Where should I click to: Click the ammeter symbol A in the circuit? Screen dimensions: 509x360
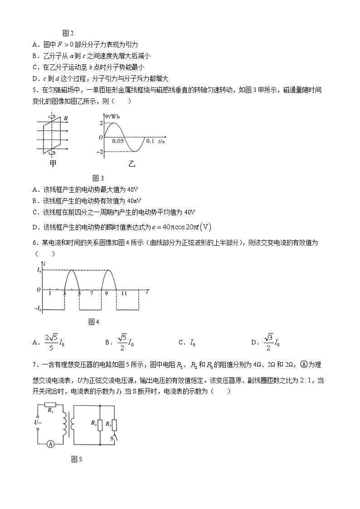click(51, 444)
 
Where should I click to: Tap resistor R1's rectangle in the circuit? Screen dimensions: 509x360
click(50, 405)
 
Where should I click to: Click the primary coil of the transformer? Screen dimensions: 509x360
click(64, 423)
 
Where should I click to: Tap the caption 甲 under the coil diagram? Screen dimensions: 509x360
click(53, 163)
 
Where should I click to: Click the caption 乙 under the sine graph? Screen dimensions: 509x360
click(132, 164)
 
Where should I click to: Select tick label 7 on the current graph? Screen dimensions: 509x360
click(92, 294)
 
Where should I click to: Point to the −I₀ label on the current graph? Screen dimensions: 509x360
click(39, 309)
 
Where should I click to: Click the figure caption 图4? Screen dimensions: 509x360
click(94, 322)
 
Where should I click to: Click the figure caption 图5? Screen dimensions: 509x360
click(77, 460)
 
